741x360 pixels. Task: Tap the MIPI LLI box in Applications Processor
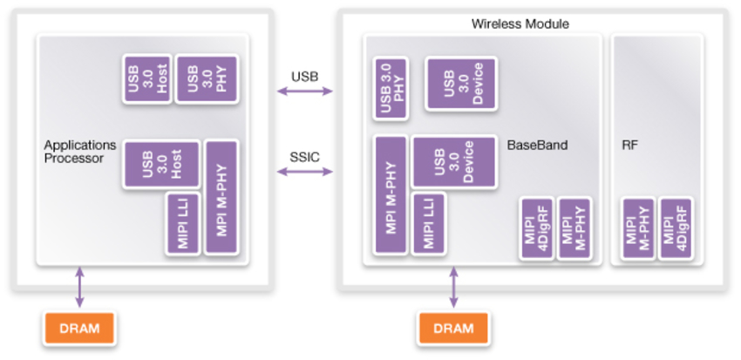tap(183, 223)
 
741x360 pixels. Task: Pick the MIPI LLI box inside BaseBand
tap(428, 223)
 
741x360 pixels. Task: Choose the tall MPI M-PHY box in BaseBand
tap(391, 194)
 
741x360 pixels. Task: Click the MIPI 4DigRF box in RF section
tap(675, 228)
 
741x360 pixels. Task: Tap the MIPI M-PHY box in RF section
tap(637, 228)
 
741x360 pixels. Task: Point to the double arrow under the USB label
tap(304, 91)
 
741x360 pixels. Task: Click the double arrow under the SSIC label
tap(304, 172)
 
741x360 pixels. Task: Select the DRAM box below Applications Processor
tap(79, 329)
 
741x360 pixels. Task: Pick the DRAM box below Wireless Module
tap(453, 329)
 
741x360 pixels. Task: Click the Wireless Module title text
tap(520, 24)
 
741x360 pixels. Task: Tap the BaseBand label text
tap(537, 146)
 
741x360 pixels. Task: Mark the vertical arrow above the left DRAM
tap(79, 287)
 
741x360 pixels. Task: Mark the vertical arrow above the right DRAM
tap(453, 289)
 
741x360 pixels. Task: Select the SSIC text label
tap(304, 156)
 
